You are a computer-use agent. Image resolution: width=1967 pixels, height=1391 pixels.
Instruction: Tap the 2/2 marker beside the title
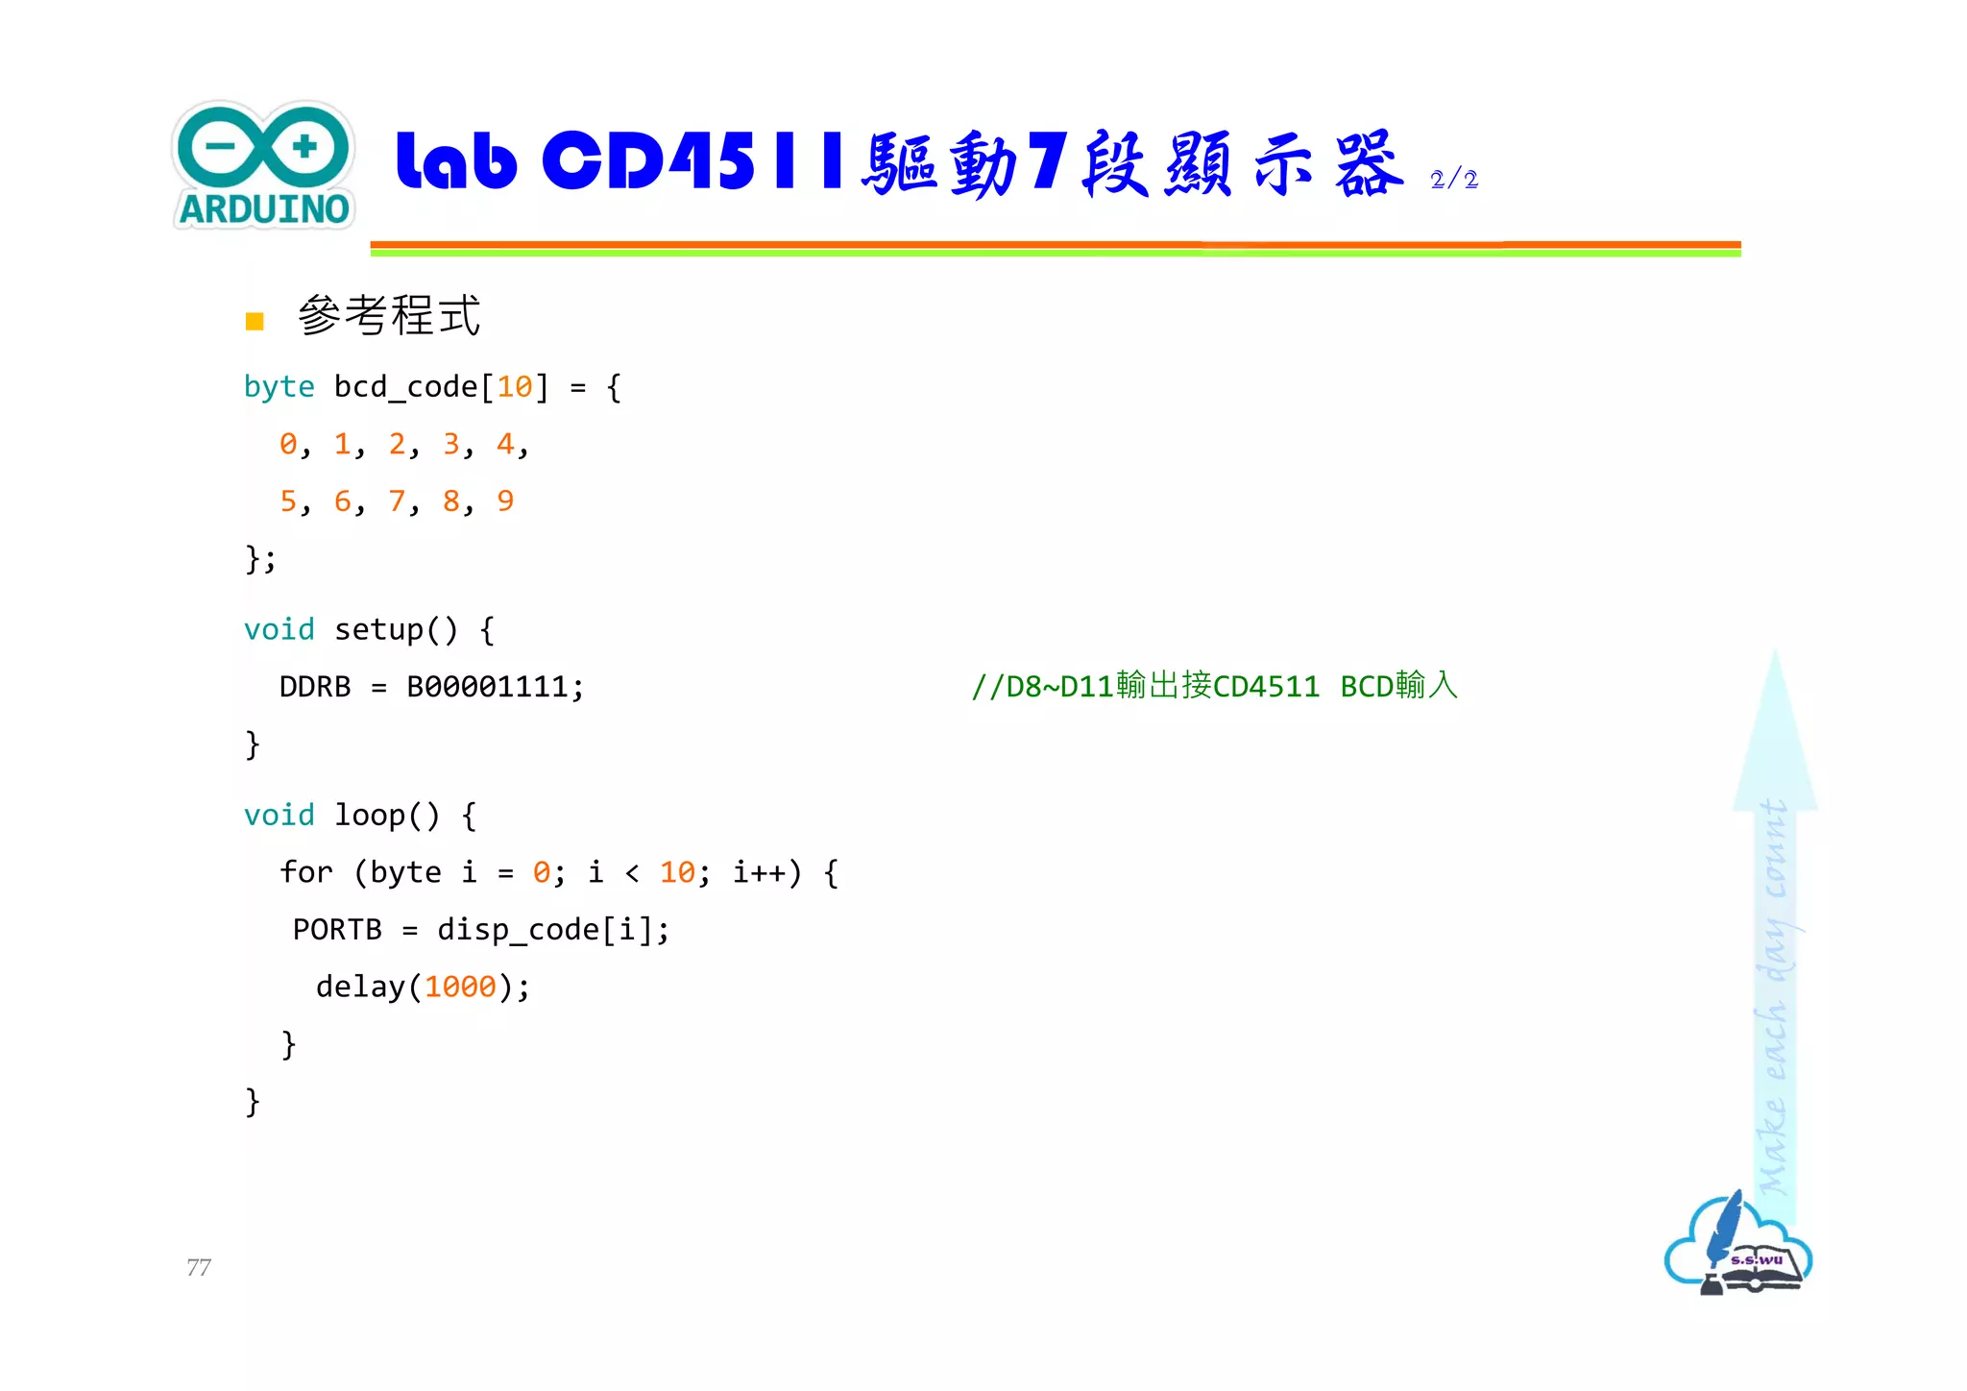pyautogui.click(x=1453, y=179)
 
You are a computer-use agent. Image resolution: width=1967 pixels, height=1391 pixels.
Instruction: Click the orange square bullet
pyautogui.click(x=255, y=321)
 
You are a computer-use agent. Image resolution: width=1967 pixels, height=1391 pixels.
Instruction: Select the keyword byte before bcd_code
pyautogui.click(x=279, y=387)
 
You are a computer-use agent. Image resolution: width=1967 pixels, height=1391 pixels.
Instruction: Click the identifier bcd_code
pyautogui.click(x=405, y=387)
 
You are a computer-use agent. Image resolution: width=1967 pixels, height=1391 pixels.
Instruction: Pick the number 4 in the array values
pyautogui.click(x=505, y=444)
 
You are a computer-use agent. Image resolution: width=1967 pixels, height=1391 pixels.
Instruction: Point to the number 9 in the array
pyautogui.click(x=505, y=500)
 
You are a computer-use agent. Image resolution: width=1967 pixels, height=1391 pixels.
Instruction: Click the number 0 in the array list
pyautogui.click(x=288, y=444)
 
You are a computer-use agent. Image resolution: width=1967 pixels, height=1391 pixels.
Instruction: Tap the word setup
pyautogui.click(x=378, y=630)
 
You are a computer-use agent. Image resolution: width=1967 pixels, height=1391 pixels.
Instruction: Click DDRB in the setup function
pyautogui.click(x=315, y=687)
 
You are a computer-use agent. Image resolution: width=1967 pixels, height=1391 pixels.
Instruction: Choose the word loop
pyautogui.click(x=370, y=816)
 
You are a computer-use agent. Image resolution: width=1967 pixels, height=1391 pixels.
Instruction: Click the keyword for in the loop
pyautogui.click(x=306, y=872)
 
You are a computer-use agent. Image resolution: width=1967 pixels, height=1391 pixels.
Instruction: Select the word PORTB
pyautogui.click(x=337, y=930)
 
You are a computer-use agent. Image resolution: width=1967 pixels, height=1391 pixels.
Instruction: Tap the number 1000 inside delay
pyautogui.click(x=460, y=987)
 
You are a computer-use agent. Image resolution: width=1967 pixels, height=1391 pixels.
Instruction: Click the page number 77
pyautogui.click(x=199, y=1267)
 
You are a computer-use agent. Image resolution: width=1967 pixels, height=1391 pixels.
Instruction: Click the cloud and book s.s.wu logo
pyautogui.click(x=1737, y=1245)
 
